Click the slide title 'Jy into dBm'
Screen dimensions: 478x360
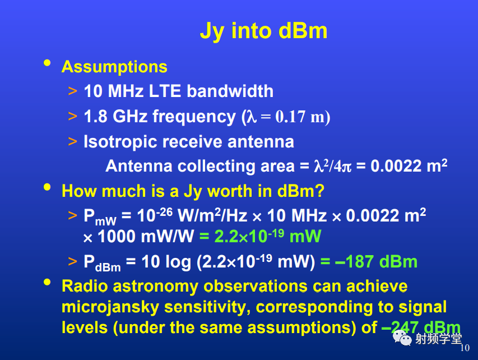point(263,31)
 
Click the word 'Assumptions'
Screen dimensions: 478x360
point(114,67)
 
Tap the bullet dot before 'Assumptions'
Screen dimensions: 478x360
point(47,63)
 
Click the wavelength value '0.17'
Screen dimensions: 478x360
point(290,117)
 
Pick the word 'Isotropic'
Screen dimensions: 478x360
point(120,142)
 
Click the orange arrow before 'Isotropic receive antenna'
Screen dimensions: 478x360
point(72,141)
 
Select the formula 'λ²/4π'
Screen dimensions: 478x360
point(333,166)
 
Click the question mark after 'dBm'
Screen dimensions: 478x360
point(320,191)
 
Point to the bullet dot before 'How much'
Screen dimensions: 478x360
point(47,187)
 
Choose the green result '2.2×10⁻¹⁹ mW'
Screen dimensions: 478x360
point(260,237)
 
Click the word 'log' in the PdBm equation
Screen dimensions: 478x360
point(178,262)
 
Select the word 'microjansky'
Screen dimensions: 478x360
point(110,307)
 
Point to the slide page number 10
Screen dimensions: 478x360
point(465,348)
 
